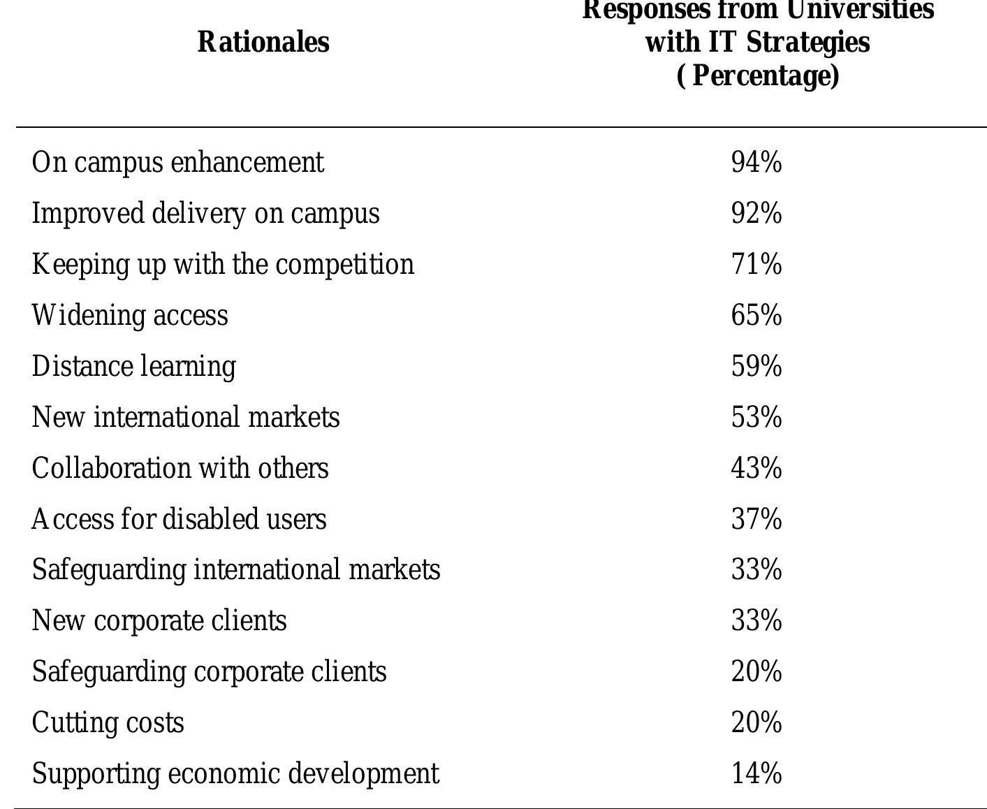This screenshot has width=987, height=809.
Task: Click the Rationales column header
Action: click(263, 42)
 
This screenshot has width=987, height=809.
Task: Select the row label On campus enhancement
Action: click(178, 163)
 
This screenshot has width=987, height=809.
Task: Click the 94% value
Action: click(756, 163)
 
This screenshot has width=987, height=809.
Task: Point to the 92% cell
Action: click(756, 214)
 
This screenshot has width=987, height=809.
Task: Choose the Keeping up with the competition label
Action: click(223, 265)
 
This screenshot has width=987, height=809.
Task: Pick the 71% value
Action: click(756, 265)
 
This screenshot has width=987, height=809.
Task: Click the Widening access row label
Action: click(130, 316)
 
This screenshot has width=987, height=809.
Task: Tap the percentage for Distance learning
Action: click(756, 367)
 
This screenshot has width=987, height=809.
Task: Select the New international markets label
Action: click(186, 418)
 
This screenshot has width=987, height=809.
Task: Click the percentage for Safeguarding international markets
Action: click(756, 570)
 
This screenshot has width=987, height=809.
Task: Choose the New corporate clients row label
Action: click(159, 621)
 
